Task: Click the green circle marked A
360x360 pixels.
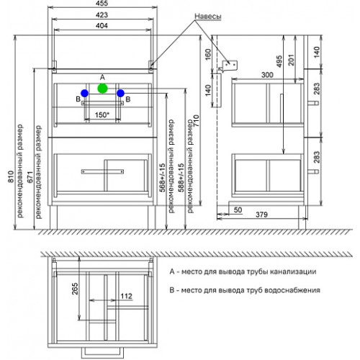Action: (x=102, y=89)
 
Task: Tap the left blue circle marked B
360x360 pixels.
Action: (x=84, y=93)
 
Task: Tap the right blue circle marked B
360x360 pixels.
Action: (x=120, y=93)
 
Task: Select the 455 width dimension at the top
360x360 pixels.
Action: (x=102, y=4)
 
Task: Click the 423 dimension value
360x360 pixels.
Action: (x=102, y=15)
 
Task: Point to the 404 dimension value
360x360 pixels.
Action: (x=102, y=25)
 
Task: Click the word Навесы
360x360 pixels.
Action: (x=208, y=17)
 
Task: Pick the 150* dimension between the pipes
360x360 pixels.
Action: (x=102, y=115)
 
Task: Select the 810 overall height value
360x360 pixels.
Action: (x=11, y=176)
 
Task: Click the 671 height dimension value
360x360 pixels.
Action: (x=30, y=177)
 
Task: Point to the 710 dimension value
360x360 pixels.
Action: (x=196, y=121)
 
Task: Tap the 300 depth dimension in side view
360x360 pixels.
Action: (x=267, y=75)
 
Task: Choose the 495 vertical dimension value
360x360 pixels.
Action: (x=279, y=61)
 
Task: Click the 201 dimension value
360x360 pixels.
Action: (x=291, y=60)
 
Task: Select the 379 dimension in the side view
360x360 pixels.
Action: (x=261, y=215)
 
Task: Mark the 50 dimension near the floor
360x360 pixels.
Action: (x=238, y=210)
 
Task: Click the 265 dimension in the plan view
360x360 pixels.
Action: (x=75, y=289)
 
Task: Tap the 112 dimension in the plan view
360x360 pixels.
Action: (x=126, y=296)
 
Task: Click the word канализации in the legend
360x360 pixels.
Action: (x=293, y=271)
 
